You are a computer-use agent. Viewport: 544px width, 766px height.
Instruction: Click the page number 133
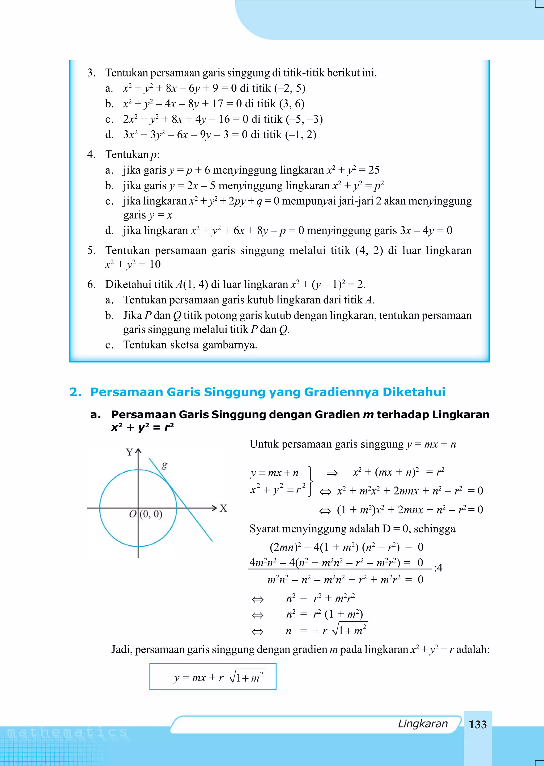(x=477, y=725)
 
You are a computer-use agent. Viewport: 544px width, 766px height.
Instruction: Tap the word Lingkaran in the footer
(x=422, y=724)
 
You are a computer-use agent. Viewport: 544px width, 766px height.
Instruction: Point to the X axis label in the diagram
(x=223, y=508)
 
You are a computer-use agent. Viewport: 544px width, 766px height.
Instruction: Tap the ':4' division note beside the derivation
(x=438, y=567)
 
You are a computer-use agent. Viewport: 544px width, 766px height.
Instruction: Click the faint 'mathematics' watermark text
(x=67, y=733)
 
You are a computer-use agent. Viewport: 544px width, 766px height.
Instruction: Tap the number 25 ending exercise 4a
(x=374, y=170)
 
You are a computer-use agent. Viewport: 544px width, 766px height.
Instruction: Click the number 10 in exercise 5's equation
(x=155, y=264)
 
